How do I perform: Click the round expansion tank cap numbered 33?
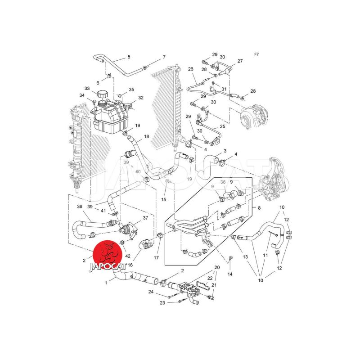coord(103,94)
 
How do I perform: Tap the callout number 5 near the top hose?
coord(129,57)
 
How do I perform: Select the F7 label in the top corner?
coord(256,54)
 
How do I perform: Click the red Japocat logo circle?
coord(108,255)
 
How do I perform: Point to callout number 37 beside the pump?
coord(145,218)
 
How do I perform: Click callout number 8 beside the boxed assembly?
coord(259,208)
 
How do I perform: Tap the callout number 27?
coord(240,61)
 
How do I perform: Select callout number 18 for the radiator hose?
coord(147,136)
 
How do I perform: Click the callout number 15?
coord(163,199)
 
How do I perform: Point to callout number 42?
coord(128,256)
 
